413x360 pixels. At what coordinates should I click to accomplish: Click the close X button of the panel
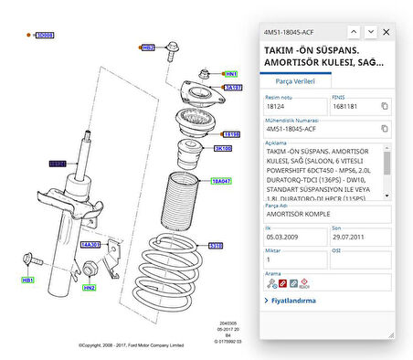[387, 31]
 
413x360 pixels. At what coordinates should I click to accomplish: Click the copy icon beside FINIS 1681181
[385, 106]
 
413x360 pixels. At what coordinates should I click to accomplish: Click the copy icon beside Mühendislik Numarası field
[385, 130]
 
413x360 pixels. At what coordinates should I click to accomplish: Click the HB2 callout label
[148, 46]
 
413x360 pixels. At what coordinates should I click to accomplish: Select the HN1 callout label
[231, 73]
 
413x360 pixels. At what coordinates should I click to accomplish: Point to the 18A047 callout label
[222, 181]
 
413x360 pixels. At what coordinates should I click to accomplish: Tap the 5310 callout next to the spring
[216, 245]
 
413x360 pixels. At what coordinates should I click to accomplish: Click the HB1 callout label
[27, 281]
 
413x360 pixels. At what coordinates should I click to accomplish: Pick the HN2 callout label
[89, 288]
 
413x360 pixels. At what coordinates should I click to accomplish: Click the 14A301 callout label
[90, 245]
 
